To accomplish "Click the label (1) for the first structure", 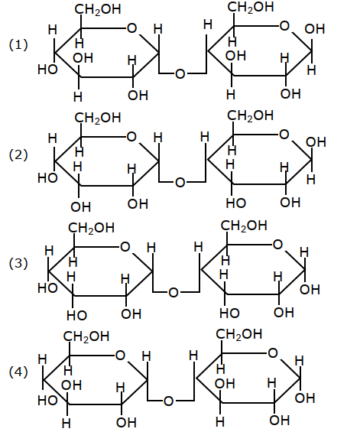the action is tap(18, 45).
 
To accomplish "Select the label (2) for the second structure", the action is tap(18, 155).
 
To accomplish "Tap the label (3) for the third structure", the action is tap(18, 263).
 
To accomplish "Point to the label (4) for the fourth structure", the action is tap(18, 372).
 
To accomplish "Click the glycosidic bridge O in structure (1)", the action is tap(180, 74).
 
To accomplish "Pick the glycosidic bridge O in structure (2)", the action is tap(180, 183).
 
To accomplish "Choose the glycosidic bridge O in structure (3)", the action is tap(174, 293).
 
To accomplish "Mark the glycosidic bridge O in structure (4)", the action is tap(169, 401).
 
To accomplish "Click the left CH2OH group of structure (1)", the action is tap(98, 9).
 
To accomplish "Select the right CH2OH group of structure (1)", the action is tap(251, 7).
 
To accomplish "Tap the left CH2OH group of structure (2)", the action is tap(98, 118).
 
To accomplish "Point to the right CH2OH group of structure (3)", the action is tap(244, 226).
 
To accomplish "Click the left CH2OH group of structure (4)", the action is tap(86, 336).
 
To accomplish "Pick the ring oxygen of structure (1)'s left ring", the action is tap(131, 28).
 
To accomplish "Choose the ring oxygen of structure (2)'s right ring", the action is tap(284, 135).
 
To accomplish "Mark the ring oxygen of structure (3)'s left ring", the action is tap(125, 247).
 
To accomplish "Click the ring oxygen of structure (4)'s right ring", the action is tap(273, 353).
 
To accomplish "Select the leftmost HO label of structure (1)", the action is tap(47, 70).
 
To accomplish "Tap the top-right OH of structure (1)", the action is tap(315, 29).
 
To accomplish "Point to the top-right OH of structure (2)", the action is tap(316, 142).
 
